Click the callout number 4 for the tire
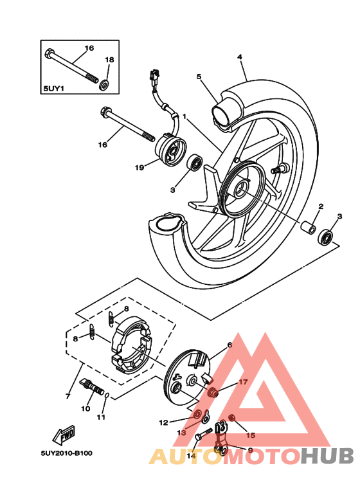point(239,57)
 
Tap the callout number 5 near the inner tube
point(199,77)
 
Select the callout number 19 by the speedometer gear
point(138,168)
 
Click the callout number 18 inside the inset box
point(109,60)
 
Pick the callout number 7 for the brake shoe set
point(67,396)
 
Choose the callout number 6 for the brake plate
point(230,345)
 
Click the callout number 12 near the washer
point(163,422)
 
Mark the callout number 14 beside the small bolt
point(191,456)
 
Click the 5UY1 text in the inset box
point(54,89)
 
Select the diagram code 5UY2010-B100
point(66,453)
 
